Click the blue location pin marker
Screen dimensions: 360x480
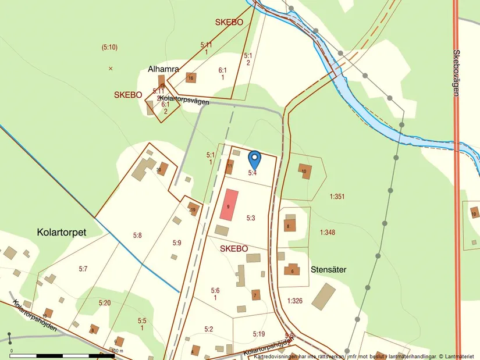coord(254,159)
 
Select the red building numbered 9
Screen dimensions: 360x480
coord(229,204)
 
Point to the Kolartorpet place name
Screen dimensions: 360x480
coord(61,232)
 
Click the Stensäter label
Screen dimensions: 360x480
coord(329,269)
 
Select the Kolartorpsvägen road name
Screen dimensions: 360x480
coord(180,100)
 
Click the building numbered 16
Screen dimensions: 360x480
coord(190,78)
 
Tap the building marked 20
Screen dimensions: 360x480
coord(162,169)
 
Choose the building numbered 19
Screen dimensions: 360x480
coord(193,209)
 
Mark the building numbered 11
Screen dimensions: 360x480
coord(230,167)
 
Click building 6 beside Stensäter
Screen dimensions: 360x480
coord(291,270)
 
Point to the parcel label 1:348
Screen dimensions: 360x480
coord(328,233)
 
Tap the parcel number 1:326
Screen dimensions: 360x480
coord(296,300)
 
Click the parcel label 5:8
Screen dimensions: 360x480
coord(137,236)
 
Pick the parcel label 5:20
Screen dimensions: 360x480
coord(105,303)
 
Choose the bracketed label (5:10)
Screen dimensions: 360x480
coord(109,47)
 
